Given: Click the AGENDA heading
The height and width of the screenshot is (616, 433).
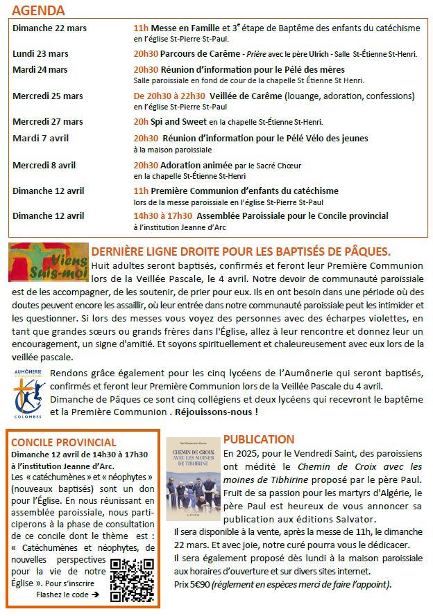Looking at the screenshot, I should [x=39, y=11].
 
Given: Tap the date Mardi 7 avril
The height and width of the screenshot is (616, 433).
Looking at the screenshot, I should [x=39, y=138].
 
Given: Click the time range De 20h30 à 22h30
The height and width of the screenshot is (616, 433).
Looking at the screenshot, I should [x=169, y=96].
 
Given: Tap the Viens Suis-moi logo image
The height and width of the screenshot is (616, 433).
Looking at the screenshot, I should [x=49, y=263].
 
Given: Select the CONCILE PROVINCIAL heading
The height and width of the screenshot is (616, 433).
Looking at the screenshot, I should [x=63, y=442].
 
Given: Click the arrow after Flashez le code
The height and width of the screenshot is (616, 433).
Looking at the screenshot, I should [x=95, y=595].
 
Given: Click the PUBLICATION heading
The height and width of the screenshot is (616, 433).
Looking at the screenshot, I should [x=259, y=439].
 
